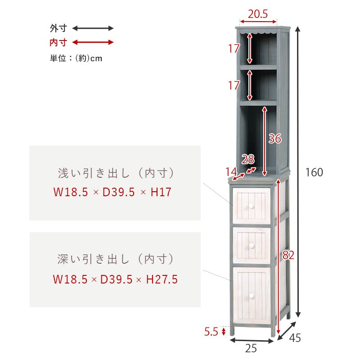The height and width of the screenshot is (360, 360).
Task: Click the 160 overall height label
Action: coord(314,172)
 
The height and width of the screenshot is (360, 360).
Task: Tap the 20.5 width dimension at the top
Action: coord(257,14)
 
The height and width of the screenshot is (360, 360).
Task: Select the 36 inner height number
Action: coord(275,139)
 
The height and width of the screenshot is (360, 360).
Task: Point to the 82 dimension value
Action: coord(288,255)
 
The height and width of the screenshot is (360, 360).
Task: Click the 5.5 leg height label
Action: coord(211,332)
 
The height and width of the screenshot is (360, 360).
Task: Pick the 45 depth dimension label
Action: coord(295,338)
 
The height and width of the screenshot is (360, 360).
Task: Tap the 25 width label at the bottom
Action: coord(251,348)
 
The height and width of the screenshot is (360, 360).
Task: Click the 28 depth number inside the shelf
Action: coord(248,159)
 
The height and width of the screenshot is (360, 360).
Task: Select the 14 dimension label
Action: coord(231,171)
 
